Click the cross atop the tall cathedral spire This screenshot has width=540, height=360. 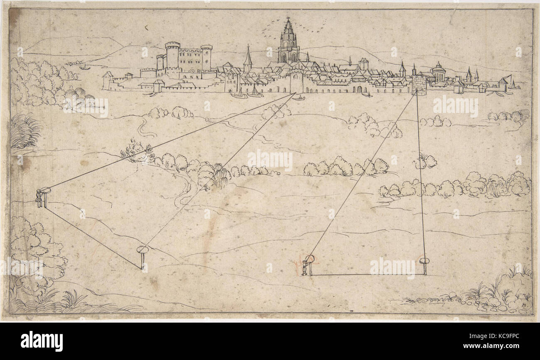coord(287,19)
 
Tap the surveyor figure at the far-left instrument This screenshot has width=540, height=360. coord(39,198)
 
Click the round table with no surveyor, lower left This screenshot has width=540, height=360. coord(142,250)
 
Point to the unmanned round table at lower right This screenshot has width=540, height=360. coord(424,262)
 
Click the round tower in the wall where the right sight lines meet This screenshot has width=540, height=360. coord(419,86)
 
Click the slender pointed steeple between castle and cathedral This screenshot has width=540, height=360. coord(248,58)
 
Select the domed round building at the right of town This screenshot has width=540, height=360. coord(438,73)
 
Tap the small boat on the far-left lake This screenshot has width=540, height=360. coord(84,67)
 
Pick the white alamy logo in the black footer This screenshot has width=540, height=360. coord(42,341)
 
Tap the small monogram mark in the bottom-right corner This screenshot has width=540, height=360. coord(522,306)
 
